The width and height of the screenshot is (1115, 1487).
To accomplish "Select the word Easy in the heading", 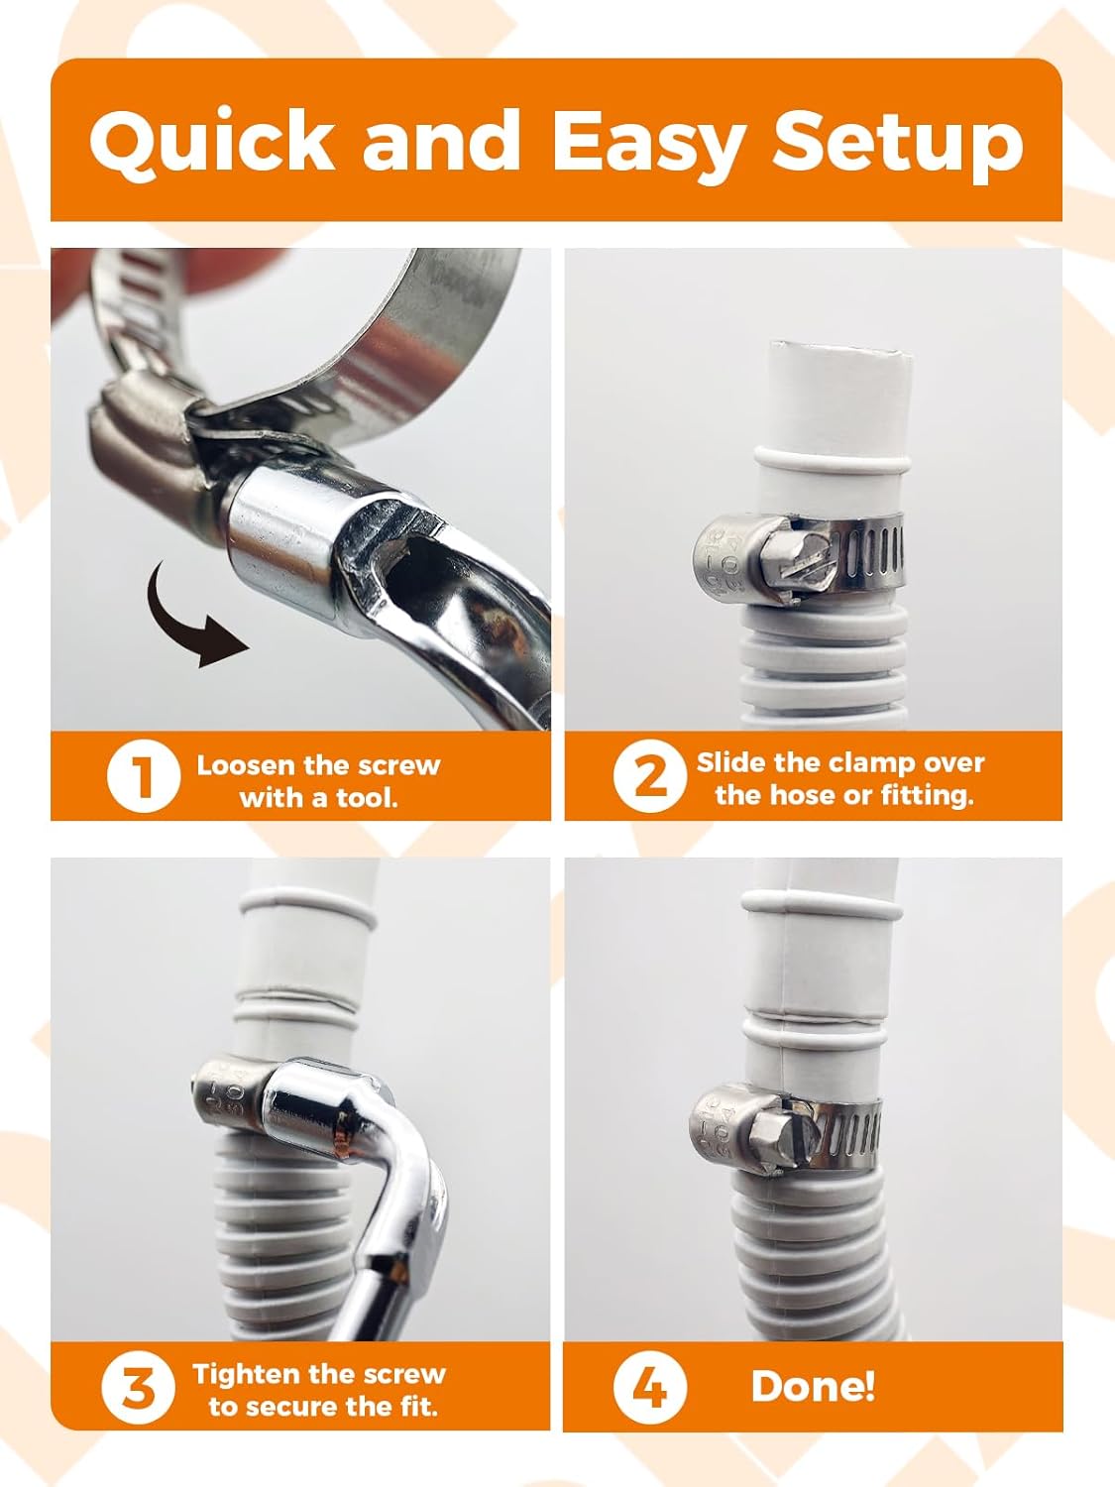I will (646, 140).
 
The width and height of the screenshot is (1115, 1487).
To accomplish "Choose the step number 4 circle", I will (649, 1388).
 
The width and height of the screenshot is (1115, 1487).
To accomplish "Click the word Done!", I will (813, 1386).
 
